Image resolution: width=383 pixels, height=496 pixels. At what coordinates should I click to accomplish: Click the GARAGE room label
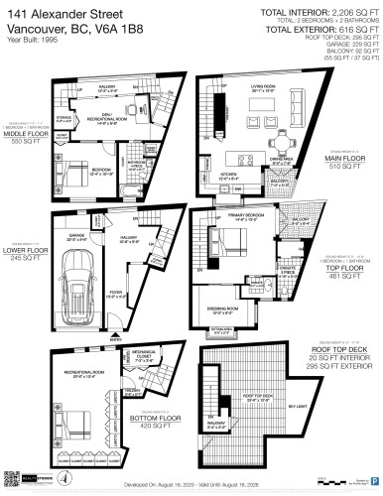tap(77, 234)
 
